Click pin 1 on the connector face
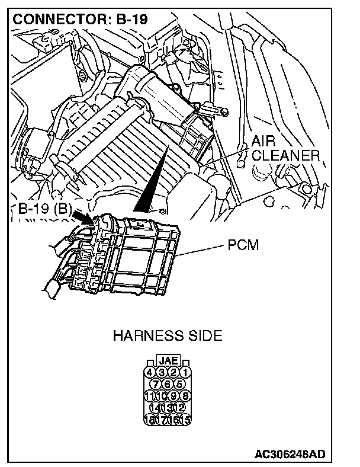[x=186, y=373]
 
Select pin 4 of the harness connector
[x=151, y=373]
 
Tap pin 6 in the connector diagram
[x=168, y=384]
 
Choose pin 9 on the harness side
[x=174, y=396]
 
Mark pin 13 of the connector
[x=168, y=408]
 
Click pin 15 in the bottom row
[x=186, y=420]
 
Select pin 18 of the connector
[x=151, y=420]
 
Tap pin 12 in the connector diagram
[x=180, y=408]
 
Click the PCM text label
[x=243, y=245]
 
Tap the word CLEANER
[x=285, y=155]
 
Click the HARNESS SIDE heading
[x=168, y=336]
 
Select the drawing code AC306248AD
[x=290, y=455]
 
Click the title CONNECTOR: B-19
[x=81, y=19]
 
